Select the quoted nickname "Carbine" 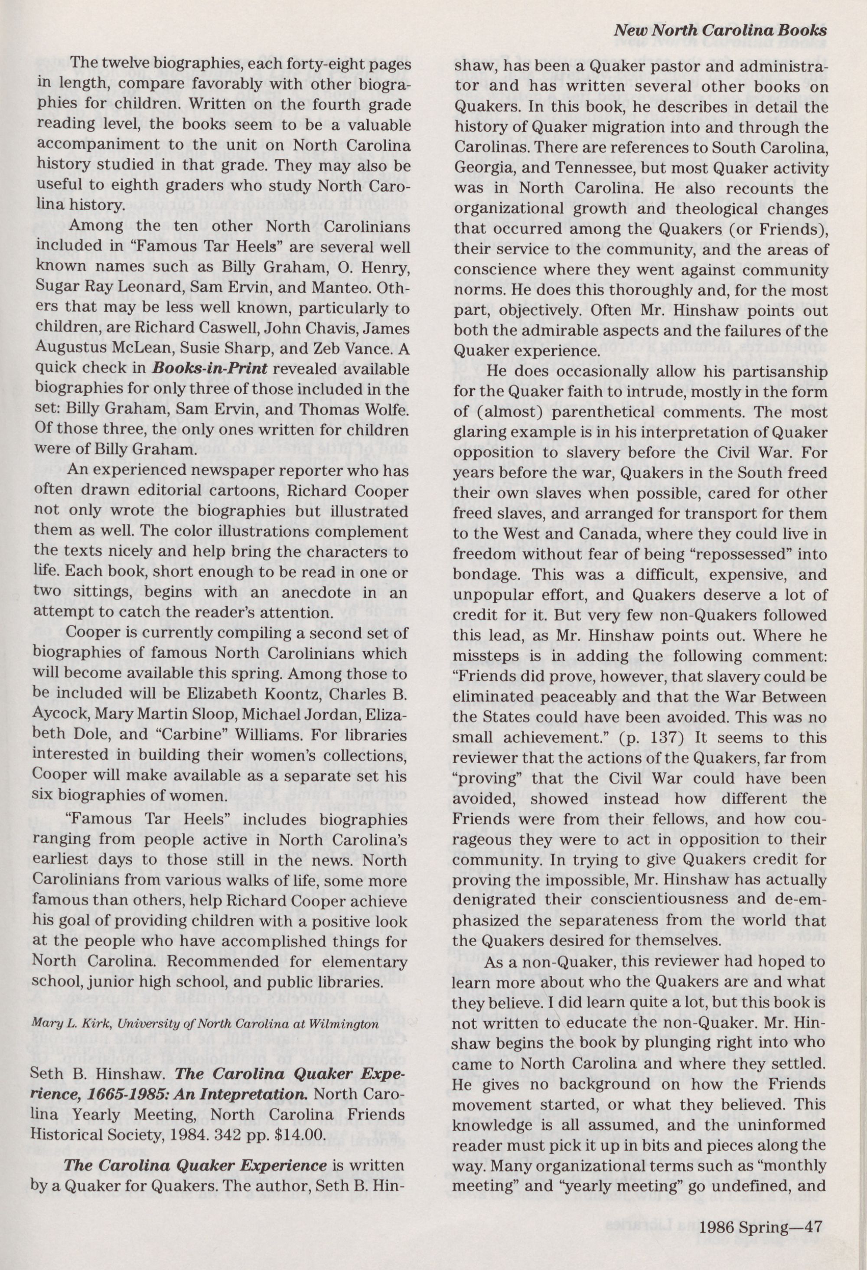[x=183, y=735]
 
